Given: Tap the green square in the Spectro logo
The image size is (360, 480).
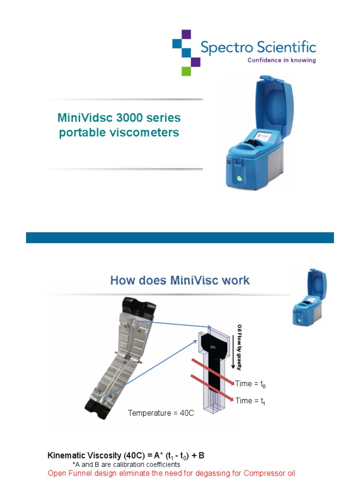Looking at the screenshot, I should pyautogui.click(x=186, y=71).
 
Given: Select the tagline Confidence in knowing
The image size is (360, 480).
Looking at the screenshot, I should pyautogui.click(x=281, y=60).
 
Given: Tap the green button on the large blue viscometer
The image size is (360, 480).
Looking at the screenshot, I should pyautogui.click(x=240, y=178).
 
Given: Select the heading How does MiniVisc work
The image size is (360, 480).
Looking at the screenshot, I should pyautogui.click(x=180, y=280).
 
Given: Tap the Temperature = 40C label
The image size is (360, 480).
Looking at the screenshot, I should pyautogui.click(x=161, y=413).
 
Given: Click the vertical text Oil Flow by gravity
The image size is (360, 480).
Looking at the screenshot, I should pyautogui.click(x=240, y=347).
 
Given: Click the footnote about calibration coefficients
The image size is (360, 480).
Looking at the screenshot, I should pyautogui.click(x=126, y=464).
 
